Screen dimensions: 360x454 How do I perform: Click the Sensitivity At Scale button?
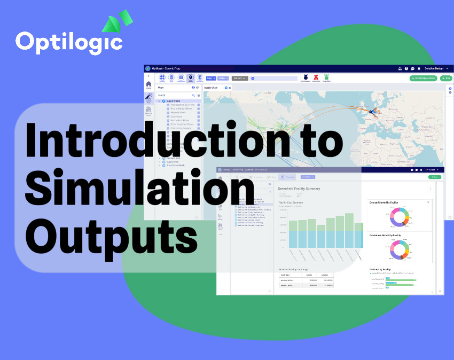[423, 78]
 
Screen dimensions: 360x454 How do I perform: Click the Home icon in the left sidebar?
[148, 85]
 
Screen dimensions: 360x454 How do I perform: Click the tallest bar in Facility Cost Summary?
[349, 230]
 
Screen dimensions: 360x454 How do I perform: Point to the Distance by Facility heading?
[380, 270]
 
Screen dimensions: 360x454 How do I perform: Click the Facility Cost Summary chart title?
[291, 202]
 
